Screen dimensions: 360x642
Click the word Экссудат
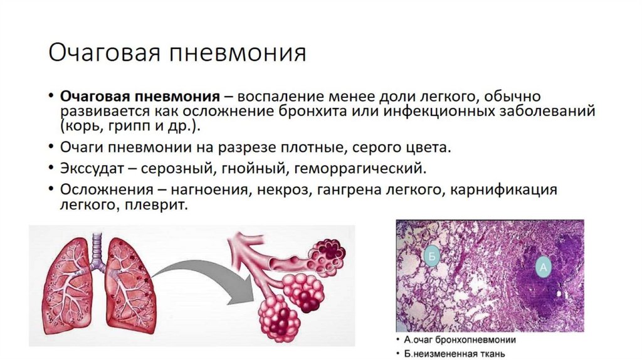click(x=97, y=168)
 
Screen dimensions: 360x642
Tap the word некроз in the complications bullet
click(x=284, y=189)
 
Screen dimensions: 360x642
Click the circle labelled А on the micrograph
click(x=544, y=268)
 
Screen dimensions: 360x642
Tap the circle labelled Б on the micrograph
click(x=431, y=255)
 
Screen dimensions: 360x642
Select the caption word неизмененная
click(x=445, y=353)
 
